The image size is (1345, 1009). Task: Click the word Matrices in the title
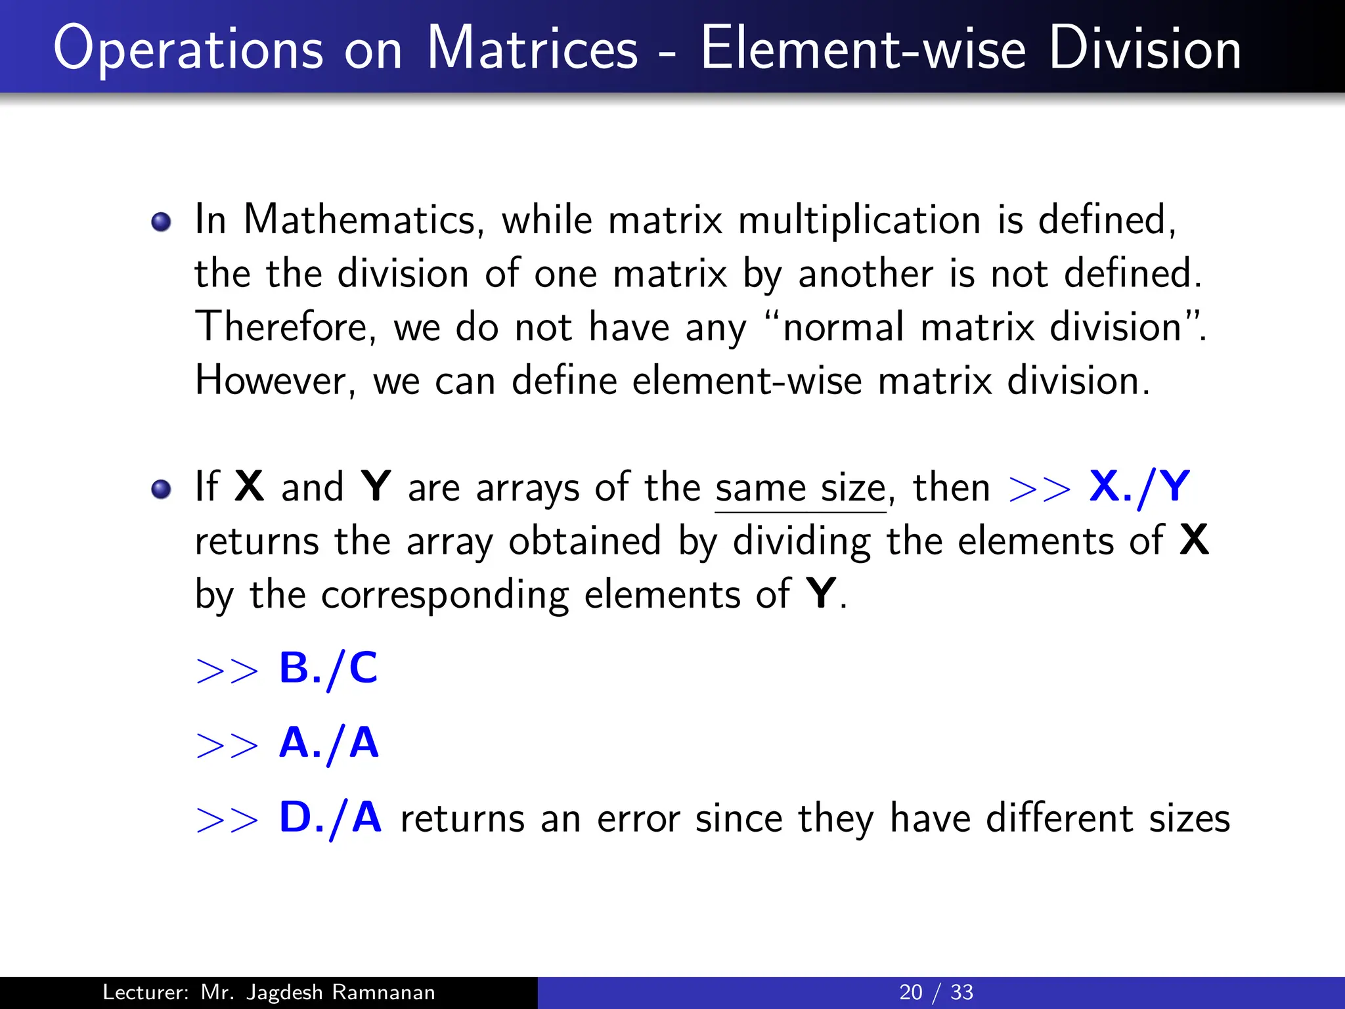click(x=532, y=49)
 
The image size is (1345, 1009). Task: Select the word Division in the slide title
click(x=1145, y=49)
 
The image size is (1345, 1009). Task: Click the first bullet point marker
click(x=161, y=222)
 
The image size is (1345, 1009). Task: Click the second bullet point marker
click(x=161, y=489)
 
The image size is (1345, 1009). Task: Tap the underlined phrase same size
click(x=801, y=488)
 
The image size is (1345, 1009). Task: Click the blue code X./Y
click(x=1139, y=487)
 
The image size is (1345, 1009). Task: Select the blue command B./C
click(x=328, y=668)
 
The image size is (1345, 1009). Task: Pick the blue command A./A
click(x=329, y=743)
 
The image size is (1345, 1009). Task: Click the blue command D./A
click(x=330, y=818)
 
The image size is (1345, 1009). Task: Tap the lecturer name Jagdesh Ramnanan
click(x=340, y=992)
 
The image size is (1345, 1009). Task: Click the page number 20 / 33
click(x=936, y=992)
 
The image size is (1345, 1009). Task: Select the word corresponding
click(x=445, y=595)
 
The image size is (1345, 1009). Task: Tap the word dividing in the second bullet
click(x=802, y=541)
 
